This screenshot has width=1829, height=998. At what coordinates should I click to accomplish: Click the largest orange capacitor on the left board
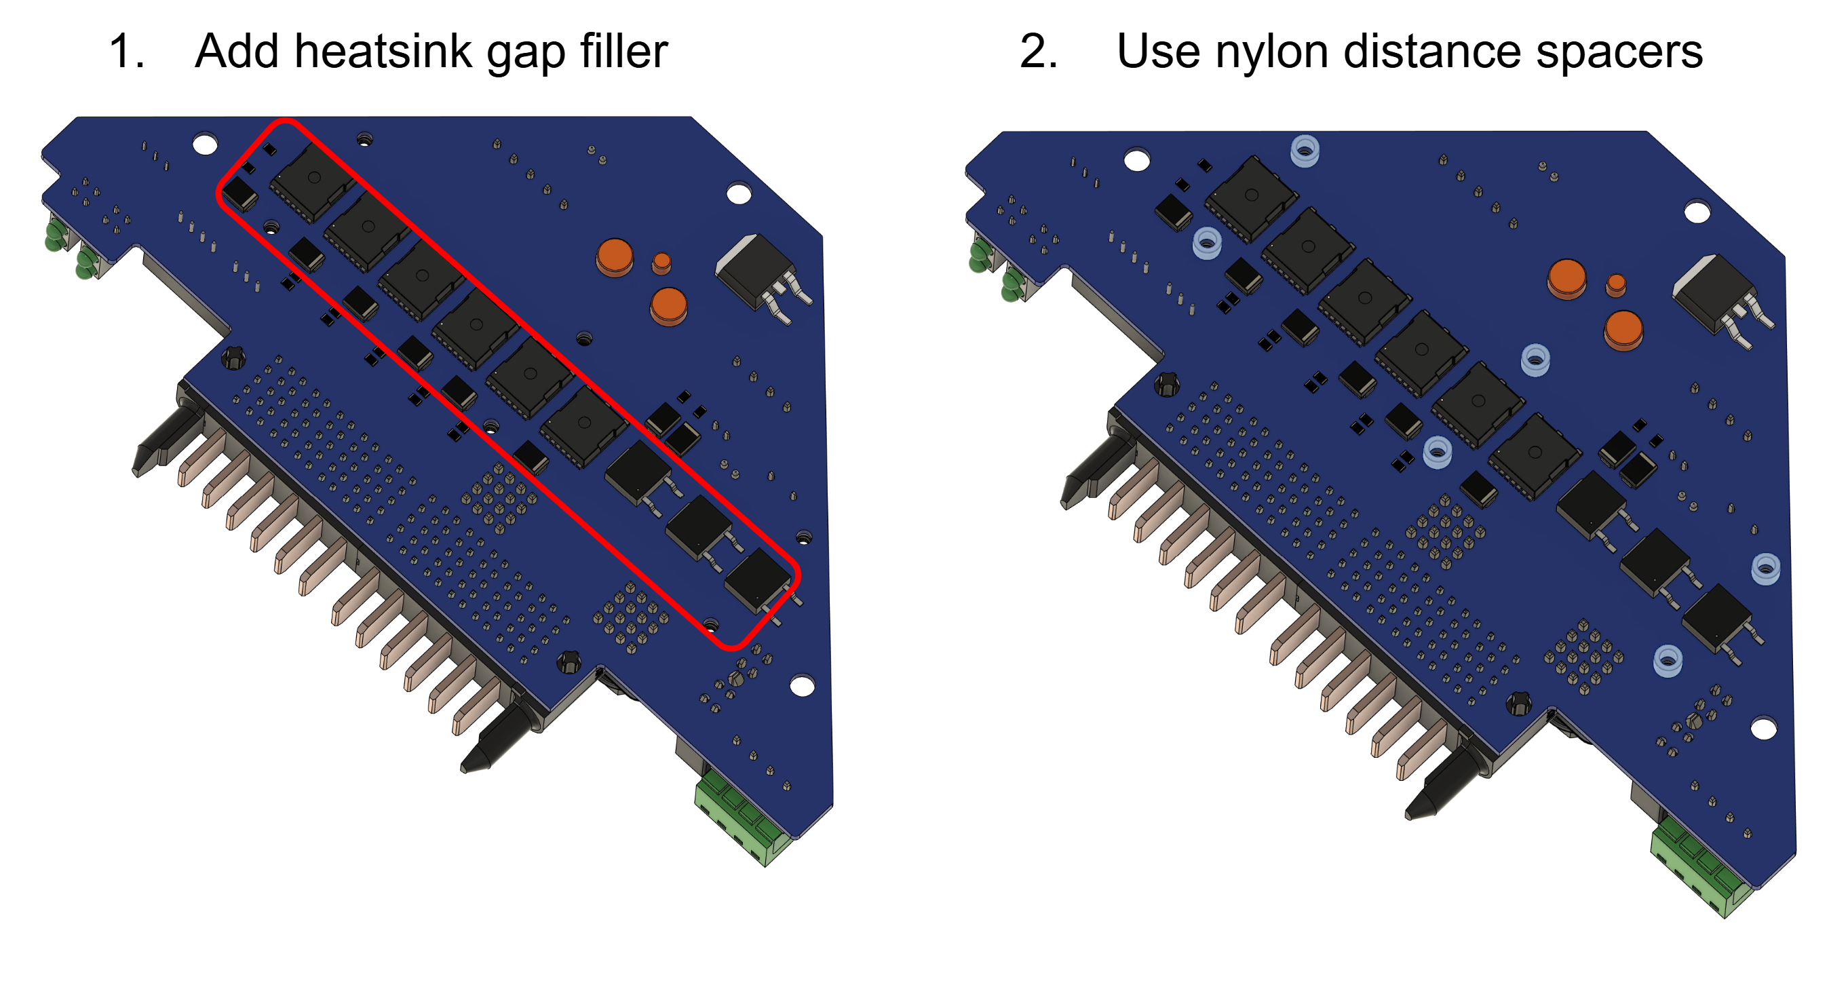click(x=615, y=256)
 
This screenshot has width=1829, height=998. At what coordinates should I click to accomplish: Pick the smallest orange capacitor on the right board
click(x=1616, y=284)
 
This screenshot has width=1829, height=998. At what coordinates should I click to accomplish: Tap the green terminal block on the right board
click(x=1697, y=864)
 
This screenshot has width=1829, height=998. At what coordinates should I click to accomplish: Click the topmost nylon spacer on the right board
click(x=1305, y=151)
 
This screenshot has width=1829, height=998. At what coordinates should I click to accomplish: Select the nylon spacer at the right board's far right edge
click(x=1765, y=568)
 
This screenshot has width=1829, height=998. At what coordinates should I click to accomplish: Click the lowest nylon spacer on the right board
click(x=1667, y=659)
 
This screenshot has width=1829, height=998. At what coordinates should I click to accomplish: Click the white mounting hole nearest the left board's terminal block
click(x=803, y=686)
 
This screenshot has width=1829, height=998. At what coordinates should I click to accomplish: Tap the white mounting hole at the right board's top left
click(x=1137, y=160)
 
